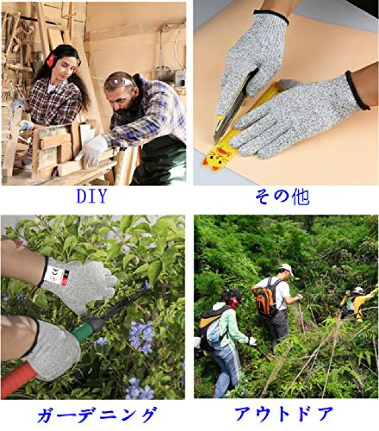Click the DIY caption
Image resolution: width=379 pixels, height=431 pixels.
click(92, 196)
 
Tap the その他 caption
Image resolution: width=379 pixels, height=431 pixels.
click(285, 196)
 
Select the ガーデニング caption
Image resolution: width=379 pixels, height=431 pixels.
click(97, 414)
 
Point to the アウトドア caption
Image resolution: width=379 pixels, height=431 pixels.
click(286, 414)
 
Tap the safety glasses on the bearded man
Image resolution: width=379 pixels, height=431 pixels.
click(120, 82)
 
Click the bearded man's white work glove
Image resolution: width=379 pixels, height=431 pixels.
click(94, 150)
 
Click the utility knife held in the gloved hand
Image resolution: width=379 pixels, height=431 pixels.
click(230, 108)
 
